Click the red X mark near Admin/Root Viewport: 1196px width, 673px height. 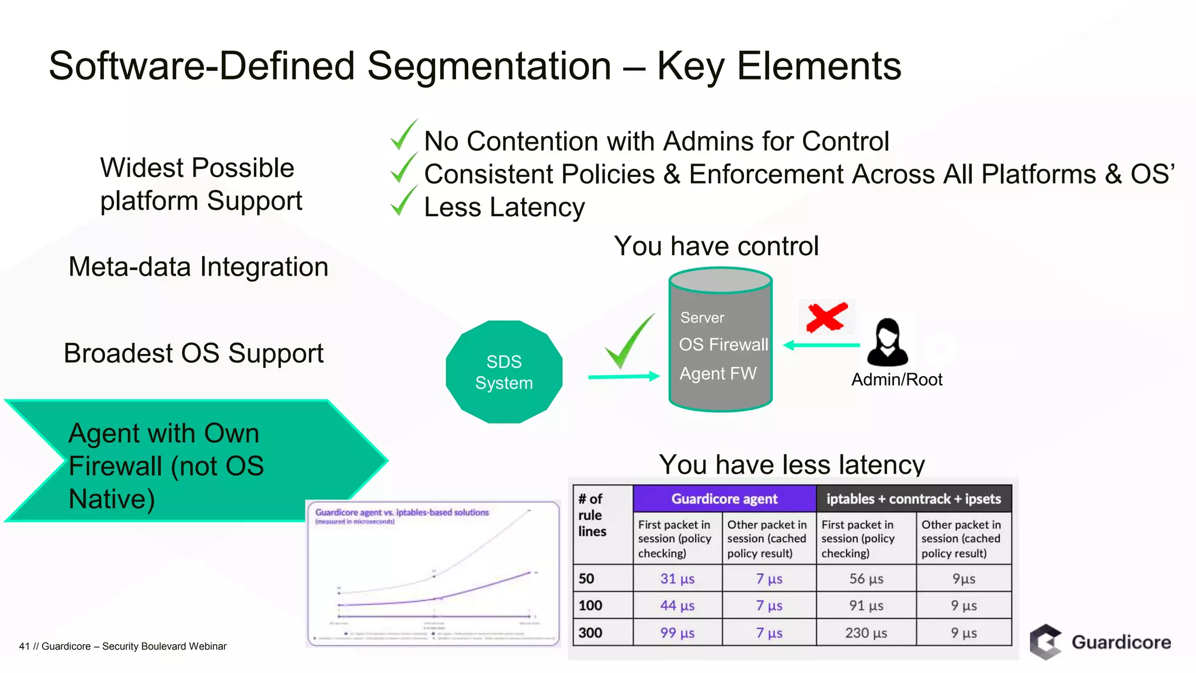coord(826,317)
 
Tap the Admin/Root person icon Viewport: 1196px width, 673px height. coord(887,342)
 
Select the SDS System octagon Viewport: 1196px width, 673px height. coord(504,372)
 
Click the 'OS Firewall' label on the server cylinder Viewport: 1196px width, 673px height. coord(723,345)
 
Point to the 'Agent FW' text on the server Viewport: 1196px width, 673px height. coord(718,373)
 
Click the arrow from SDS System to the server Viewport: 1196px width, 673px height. coord(623,377)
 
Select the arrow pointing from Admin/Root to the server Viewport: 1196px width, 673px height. coord(821,345)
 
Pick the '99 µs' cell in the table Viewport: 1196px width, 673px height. coord(677,633)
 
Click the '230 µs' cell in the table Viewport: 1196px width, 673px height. coord(866,633)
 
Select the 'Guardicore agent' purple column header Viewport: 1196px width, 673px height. coord(724,499)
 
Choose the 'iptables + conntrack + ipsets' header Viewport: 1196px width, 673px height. coord(913,499)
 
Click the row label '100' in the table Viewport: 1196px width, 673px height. coord(590,605)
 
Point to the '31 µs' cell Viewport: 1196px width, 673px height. coord(677,578)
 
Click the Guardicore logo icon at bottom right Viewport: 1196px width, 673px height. coord(1045,641)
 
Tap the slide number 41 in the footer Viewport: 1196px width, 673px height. coord(24,646)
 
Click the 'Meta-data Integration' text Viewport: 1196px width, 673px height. coord(199,267)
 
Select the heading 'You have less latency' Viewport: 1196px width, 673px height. coord(792,465)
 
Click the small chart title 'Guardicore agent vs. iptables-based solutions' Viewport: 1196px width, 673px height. coord(402,512)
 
